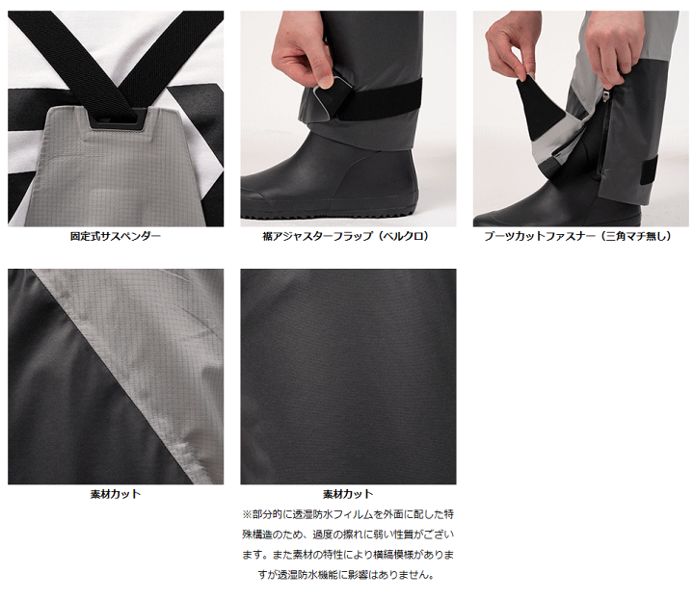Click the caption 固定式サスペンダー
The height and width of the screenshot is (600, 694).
coord(116,236)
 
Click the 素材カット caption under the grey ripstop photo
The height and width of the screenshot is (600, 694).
coord(116,494)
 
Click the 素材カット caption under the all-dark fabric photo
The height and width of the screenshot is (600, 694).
coord(348,494)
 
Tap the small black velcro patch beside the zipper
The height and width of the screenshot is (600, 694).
coord(649,170)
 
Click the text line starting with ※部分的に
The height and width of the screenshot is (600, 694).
coord(348,514)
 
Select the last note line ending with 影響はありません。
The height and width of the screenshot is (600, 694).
coord(348,575)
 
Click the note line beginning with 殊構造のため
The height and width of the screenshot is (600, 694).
coord(348,535)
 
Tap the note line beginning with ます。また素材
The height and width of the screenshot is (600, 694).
coord(348,555)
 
